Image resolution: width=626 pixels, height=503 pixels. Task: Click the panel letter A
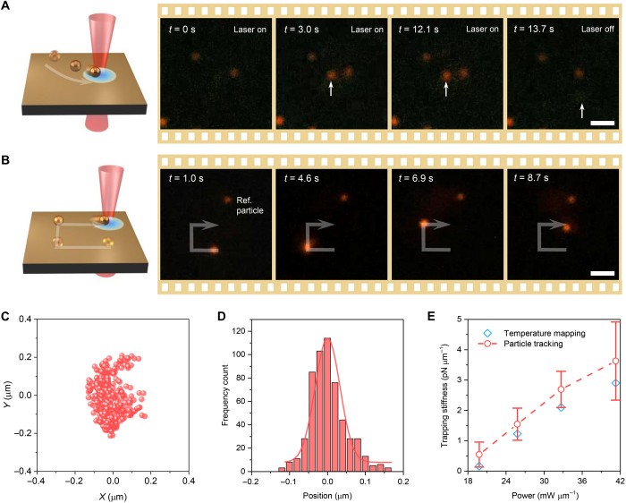click(7, 8)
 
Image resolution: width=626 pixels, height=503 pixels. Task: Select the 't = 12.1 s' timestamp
click(421, 29)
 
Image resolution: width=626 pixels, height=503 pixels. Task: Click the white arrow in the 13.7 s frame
click(582, 110)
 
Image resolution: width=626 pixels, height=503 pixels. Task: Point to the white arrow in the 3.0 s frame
click(331, 88)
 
